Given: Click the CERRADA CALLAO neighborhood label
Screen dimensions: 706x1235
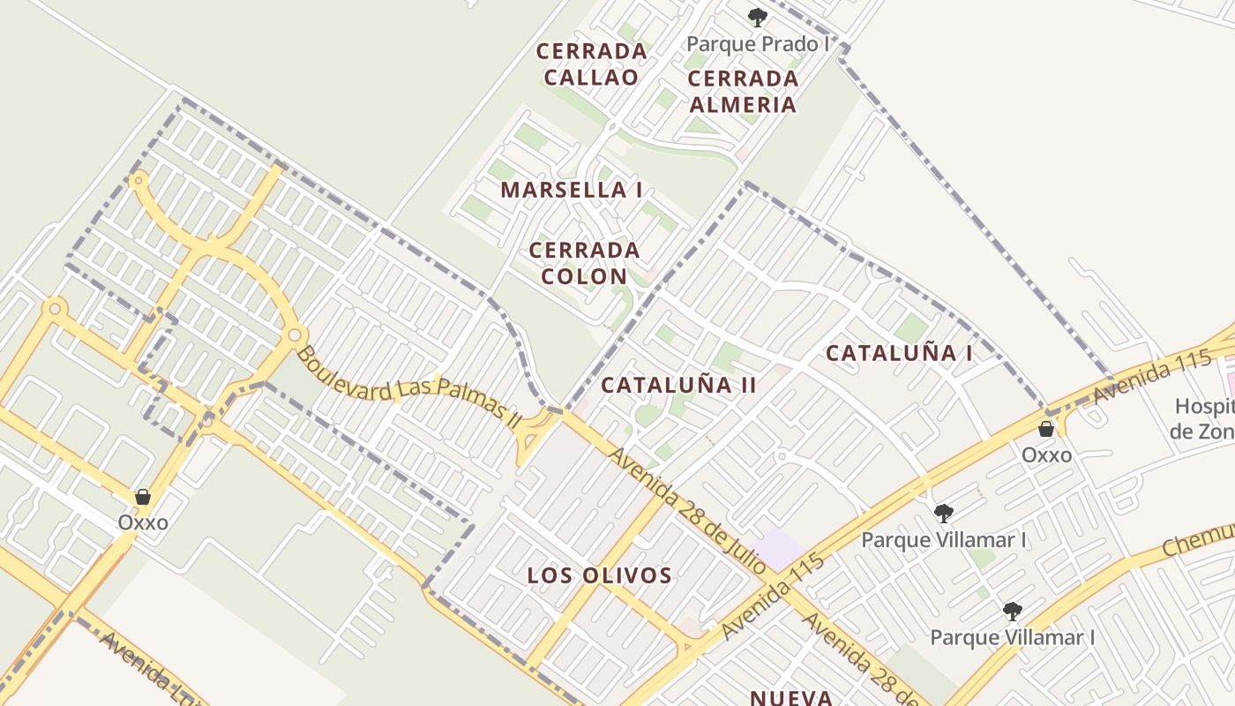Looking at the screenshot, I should [591, 64].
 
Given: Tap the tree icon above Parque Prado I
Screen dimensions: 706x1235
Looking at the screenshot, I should [757, 18].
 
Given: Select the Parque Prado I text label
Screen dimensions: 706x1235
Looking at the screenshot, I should [757, 43].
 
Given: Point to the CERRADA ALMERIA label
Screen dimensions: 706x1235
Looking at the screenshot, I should [743, 91].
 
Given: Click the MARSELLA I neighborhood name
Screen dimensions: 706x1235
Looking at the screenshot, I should [571, 190].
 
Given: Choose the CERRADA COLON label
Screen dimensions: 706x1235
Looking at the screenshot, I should [584, 263].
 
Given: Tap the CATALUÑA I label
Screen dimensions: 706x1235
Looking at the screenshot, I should [899, 354].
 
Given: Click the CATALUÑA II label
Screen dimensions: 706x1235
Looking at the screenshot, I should [678, 385].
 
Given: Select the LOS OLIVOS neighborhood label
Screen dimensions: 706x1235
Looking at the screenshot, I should [600, 575].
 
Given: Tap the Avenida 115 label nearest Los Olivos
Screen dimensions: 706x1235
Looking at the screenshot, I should [772, 597].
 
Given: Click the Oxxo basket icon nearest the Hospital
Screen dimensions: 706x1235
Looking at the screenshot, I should [1046, 430].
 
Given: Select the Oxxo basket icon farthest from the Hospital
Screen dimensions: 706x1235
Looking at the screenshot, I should [143, 497].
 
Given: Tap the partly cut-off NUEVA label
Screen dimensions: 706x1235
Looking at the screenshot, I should [791, 697].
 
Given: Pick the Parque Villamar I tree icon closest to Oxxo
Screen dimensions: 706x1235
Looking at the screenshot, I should [944, 513].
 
